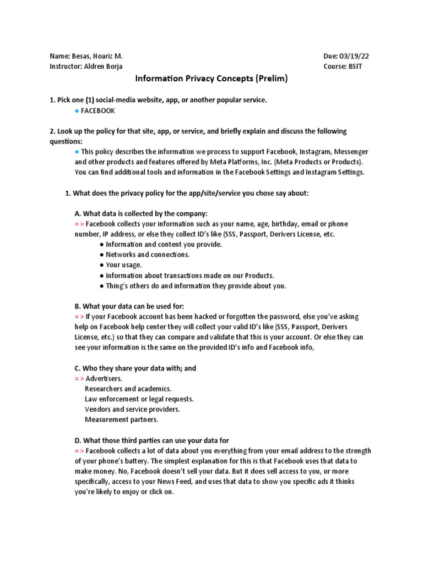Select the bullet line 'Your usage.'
[x=124, y=265]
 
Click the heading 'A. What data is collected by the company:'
[x=140, y=213]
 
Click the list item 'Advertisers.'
[x=104, y=379]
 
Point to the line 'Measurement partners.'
[x=121, y=420]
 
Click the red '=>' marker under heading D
[x=79, y=451]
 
